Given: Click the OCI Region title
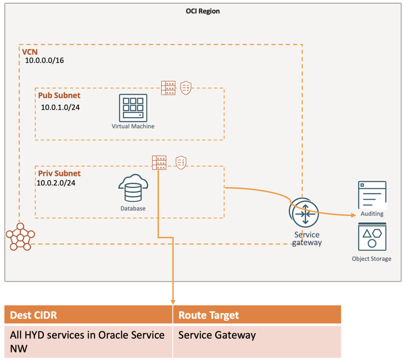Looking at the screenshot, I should [203, 11].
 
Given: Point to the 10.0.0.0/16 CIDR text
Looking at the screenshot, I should [44, 61].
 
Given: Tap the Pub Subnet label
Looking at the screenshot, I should [59, 95].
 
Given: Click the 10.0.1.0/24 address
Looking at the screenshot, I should [60, 107].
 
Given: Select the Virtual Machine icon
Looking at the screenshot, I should [133, 108].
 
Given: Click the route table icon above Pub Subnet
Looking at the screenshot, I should [168, 88].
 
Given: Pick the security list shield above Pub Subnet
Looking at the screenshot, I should [186, 87].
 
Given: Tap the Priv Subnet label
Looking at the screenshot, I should [59, 174].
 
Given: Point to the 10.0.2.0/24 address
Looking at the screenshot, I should [56, 183].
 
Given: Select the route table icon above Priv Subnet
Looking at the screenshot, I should [159, 163].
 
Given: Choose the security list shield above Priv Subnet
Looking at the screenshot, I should [181, 162].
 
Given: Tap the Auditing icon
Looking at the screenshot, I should [372, 195].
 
